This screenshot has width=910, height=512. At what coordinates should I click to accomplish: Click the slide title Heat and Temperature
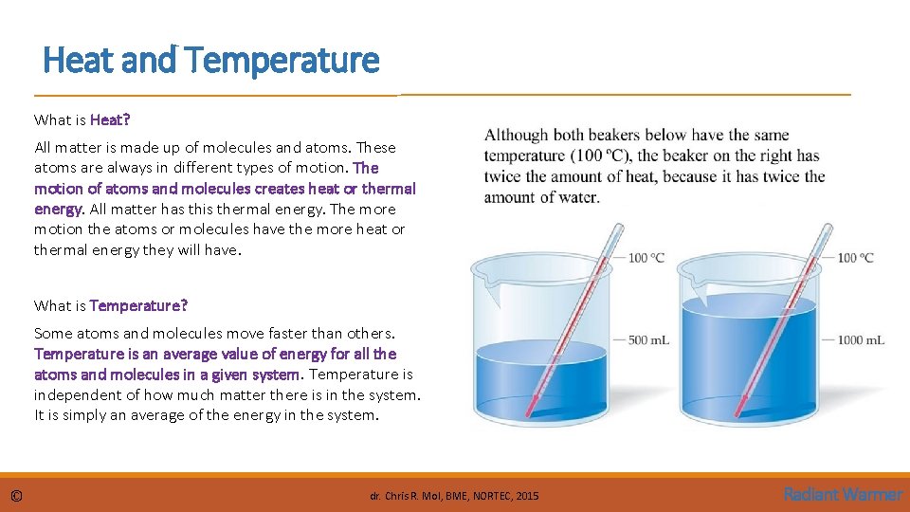click(x=210, y=61)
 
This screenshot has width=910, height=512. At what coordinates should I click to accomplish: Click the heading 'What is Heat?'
click(x=82, y=120)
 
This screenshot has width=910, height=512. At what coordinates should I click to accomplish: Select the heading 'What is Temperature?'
click(x=111, y=305)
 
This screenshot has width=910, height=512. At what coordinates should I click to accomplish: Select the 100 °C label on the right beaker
click(x=855, y=257)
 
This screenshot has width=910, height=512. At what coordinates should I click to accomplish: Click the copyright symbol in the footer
click(x=17, y=496)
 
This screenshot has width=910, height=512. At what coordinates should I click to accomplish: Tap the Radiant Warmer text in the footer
click(x=843, y=494)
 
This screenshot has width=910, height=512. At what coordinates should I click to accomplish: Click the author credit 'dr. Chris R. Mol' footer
click(x=454, y=496)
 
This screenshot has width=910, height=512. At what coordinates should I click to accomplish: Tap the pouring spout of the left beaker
click(x=486, y=276)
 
